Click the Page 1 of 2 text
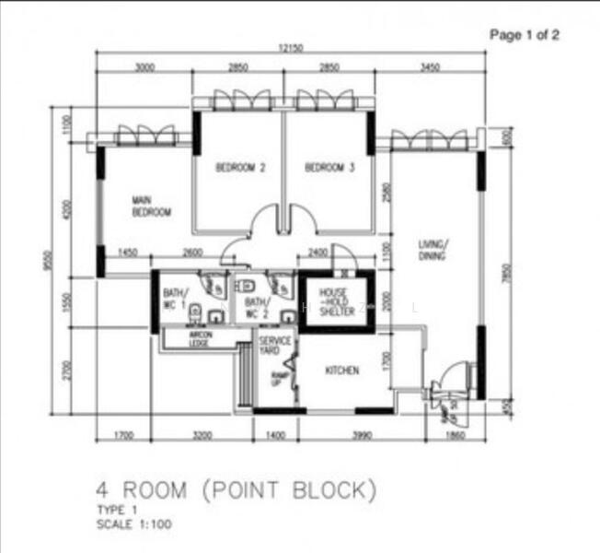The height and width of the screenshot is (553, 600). tap(524, 35)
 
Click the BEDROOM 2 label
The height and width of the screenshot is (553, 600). tap(240, 168)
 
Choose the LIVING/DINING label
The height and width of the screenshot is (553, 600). tap(432, 250)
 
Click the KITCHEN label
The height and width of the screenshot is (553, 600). tap(341, 371)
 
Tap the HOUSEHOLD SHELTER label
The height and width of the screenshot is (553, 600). tap(336, 302)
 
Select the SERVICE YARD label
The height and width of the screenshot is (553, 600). tap(275, 346)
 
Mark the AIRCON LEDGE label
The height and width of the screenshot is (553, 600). tap(201, 338)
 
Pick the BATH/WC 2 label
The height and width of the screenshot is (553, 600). tap(256, 307)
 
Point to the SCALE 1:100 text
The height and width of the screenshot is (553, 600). tap(133, 524)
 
